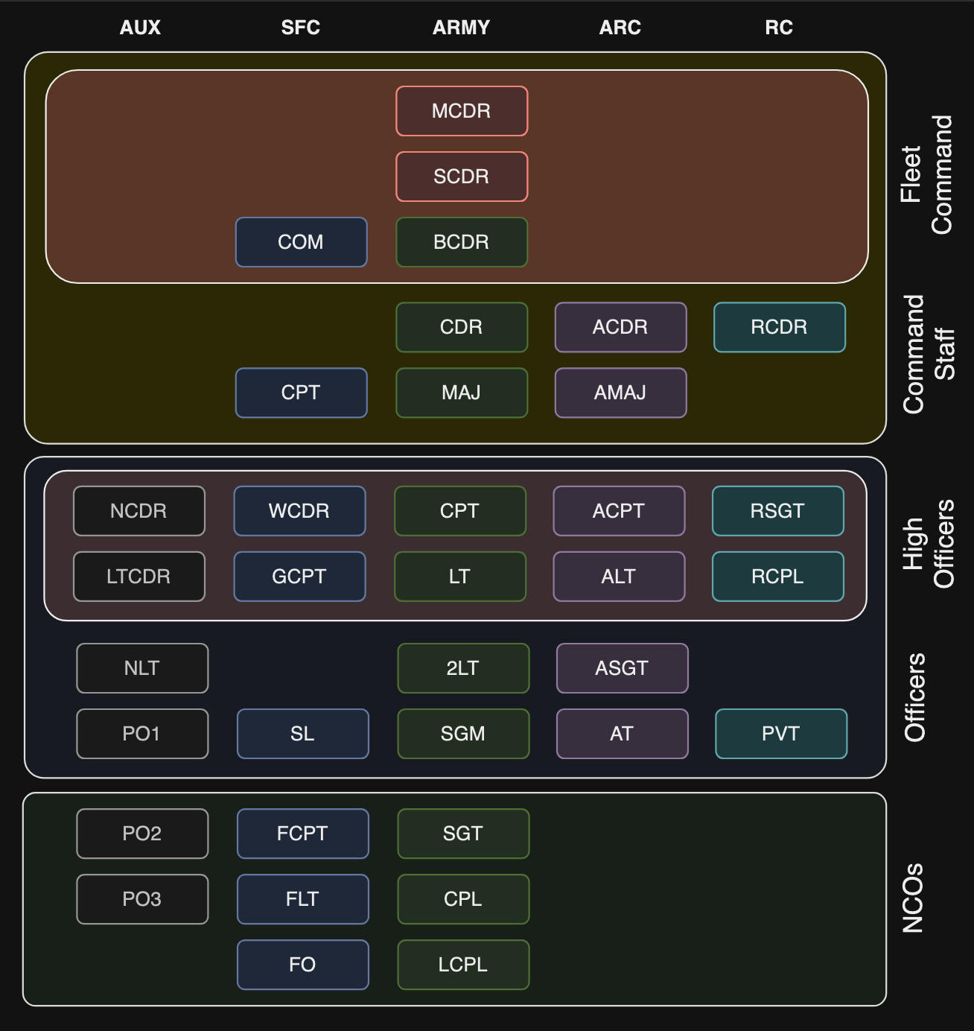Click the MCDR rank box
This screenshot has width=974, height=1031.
coord(462,111)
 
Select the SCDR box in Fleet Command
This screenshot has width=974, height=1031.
coord(462,177)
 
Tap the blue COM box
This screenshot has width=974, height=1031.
coord(301,242)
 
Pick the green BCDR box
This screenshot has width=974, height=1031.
coord(462,242)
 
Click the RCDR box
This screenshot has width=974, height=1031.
coord(779,327)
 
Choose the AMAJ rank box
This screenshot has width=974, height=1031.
coord(620,393)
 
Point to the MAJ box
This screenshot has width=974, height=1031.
coord(462,393)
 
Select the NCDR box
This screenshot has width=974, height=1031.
coord(139,511)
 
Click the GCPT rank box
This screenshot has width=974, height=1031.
coord(299,577)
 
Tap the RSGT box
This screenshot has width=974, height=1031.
coord(777,511)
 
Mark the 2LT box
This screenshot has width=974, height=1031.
coord(463,668)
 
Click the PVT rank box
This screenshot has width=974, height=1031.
coord(780,734)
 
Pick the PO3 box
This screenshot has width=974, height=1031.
coord(142,899)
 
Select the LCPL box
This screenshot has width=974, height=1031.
coord(463,965)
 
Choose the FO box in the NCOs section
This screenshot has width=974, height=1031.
coord(302,965)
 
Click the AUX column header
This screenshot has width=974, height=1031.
coord(140,28)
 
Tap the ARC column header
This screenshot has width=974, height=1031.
coord(620,28)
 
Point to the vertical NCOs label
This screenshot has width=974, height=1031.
coord(913,898)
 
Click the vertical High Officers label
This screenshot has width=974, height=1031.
coord(928,544)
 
